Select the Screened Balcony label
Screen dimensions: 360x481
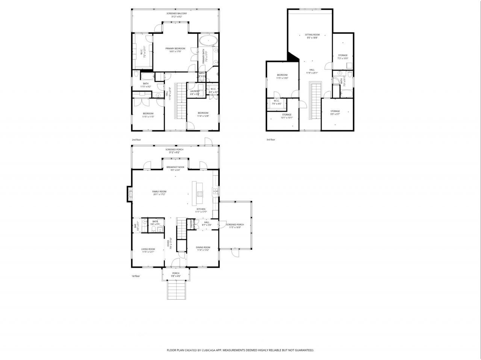[176, 15]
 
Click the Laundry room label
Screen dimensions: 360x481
[194, 92]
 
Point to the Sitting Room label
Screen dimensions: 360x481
[312, 36]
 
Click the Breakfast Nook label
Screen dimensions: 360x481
[175, 168]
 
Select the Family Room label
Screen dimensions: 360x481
[159, 193]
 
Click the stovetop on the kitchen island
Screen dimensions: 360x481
[200, 194]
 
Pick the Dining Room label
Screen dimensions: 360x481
[203, 249]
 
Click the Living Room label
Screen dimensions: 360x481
[148, 250]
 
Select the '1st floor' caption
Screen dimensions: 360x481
[136, 276]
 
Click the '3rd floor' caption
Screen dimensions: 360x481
[271, 140]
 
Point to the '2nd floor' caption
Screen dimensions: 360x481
[136, 140]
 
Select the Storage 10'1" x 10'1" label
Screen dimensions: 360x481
[286, 116]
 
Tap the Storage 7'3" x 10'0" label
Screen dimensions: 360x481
[342, 57]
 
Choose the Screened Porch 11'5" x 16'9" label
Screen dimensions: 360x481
[234, 226]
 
